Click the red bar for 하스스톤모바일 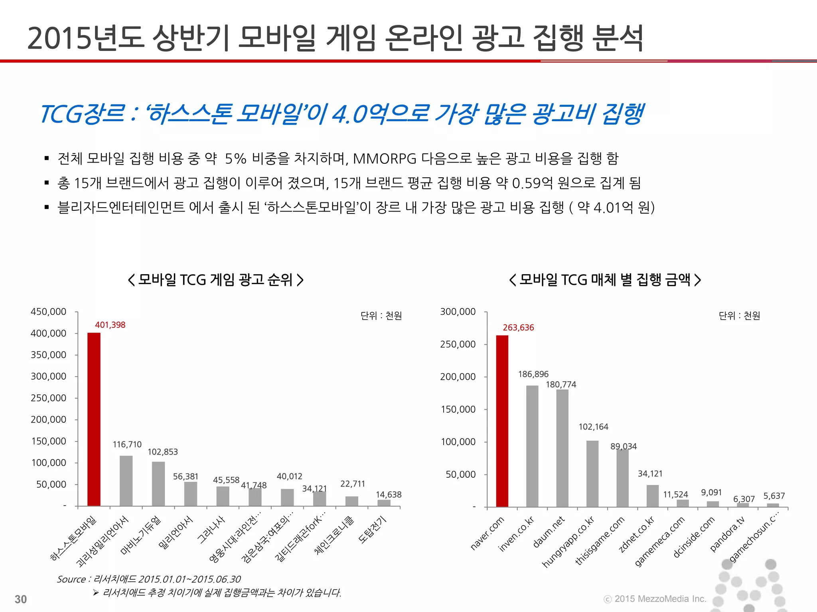(x=94, y=419)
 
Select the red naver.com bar (x=502, y=421)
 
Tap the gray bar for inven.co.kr (x=532, y=446)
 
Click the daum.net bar (x=562, y=448)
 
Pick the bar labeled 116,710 (x=126, y=481)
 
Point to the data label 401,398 (x=110, y=325)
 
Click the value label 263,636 (x=518, y=328)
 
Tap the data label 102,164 (x=593, y=427)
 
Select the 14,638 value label (x=389, y=494)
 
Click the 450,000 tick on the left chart (x=48, y=312)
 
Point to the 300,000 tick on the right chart (x=458, y=312)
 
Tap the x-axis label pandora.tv (x=727, y=534)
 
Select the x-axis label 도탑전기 (x=372, y=530)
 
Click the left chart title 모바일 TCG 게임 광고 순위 (x=215, y=280)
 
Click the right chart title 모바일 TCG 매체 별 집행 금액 (x=605, y=280)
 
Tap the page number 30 (x=21, y=599)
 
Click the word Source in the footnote (x=71, y=579)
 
